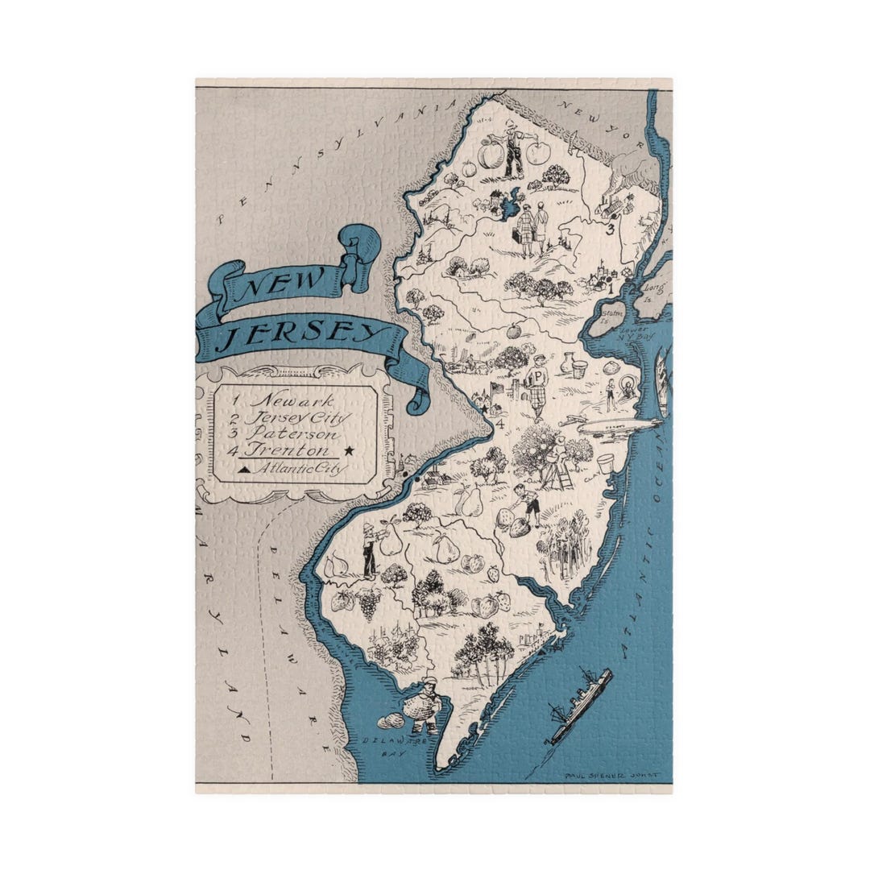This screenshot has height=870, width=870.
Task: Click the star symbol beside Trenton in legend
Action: pos(349,451)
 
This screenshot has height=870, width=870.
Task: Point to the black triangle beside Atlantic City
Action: pos(243,467)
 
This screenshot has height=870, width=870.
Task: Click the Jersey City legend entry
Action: pos(298,417)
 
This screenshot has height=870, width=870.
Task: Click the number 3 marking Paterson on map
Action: pos(611,229)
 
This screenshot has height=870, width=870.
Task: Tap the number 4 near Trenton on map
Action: pos(500,422)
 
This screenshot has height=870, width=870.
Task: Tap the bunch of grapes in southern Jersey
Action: pos(369,601)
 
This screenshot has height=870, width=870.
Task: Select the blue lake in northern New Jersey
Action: pos(509,205)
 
